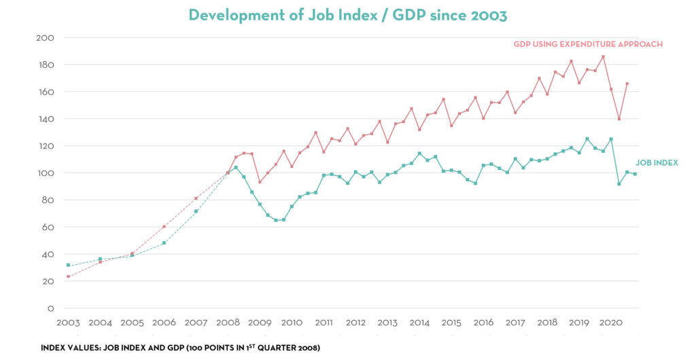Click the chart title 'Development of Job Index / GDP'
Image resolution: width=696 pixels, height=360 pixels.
point(347,15)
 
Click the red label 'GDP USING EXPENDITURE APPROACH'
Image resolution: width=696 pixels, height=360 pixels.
point(587,44)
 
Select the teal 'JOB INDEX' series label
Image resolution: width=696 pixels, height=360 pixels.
point(657,163)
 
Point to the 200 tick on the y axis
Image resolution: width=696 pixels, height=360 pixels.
point(46,37)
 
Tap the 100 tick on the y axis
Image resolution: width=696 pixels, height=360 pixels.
point(46,173)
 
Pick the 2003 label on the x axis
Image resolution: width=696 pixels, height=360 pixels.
point(68,322)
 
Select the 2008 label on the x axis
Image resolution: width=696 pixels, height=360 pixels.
point(228,322)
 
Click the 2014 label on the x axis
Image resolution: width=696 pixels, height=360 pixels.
point(419,322)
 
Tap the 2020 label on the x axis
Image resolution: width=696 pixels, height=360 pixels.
point(610,322)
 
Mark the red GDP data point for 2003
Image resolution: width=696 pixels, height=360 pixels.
point(68,276)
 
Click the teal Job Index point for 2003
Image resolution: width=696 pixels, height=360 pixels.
point(68,265)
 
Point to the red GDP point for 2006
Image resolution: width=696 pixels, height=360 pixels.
point(164,227)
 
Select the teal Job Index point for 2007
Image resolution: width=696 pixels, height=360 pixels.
point(196,211)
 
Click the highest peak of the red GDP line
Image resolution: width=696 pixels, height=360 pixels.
point(603,57)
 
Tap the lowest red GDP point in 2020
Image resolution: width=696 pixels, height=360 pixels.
point(619,119)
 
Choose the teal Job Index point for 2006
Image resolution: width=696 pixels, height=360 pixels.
point(164,242)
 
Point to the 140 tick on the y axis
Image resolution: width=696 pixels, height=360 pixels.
point(46,119)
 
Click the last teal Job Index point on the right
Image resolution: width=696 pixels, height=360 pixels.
point(635,174)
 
